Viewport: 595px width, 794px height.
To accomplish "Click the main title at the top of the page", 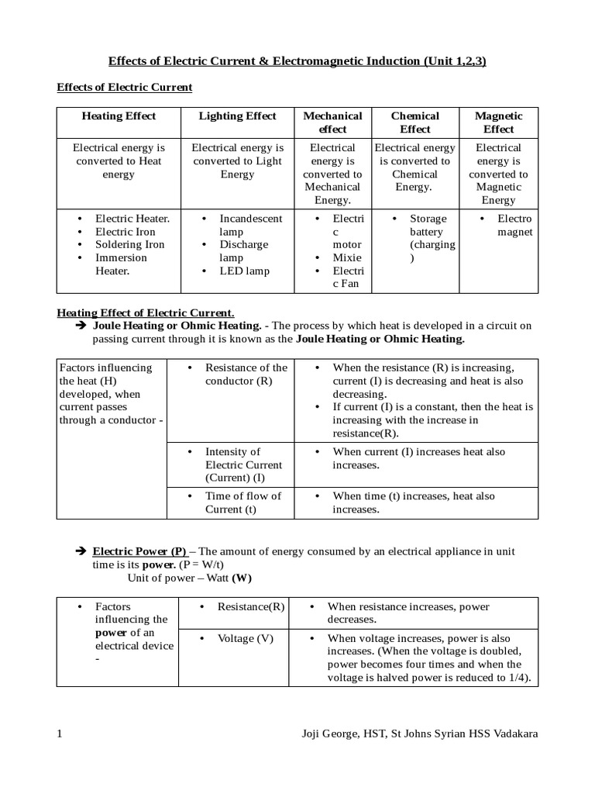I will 296,61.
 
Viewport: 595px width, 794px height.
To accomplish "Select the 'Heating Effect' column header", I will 119,116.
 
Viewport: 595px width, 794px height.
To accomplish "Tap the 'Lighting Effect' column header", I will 237,116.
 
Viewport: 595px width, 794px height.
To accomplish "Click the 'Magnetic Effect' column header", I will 498,123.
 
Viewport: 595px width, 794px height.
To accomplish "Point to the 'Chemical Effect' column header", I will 414,123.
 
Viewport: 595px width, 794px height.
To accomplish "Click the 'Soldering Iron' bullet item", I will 129,244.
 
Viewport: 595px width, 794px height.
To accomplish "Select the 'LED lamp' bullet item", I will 245,271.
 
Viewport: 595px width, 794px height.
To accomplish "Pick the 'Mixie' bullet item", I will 346,257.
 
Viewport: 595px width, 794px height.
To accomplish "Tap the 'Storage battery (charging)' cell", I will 432,238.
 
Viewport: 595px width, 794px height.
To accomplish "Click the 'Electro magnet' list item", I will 514,225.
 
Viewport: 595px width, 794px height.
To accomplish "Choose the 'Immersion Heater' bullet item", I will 120,264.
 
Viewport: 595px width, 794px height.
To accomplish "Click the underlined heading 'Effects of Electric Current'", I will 124,88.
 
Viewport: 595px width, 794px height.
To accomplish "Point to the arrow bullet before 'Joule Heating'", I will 80,326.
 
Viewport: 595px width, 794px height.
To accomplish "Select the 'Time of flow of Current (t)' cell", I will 242,502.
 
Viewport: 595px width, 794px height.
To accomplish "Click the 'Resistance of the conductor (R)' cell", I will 245,374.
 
